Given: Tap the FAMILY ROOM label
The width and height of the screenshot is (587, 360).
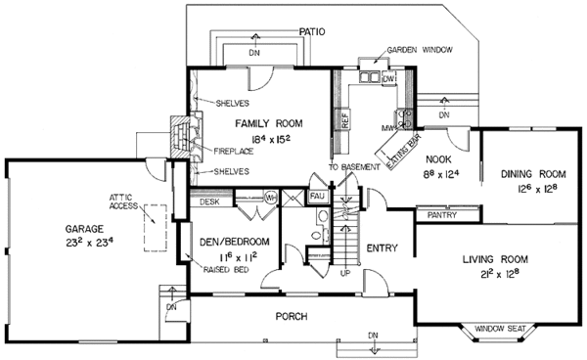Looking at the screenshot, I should [268, 123].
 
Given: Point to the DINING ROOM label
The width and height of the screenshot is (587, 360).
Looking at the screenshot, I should [528, 174].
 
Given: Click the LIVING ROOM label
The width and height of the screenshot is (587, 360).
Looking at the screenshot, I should [495, 259].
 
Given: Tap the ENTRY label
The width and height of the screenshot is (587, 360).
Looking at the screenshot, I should [381, 248].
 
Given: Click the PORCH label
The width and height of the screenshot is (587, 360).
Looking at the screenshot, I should [292, 317].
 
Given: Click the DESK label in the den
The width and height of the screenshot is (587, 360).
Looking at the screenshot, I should [208, 202].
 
